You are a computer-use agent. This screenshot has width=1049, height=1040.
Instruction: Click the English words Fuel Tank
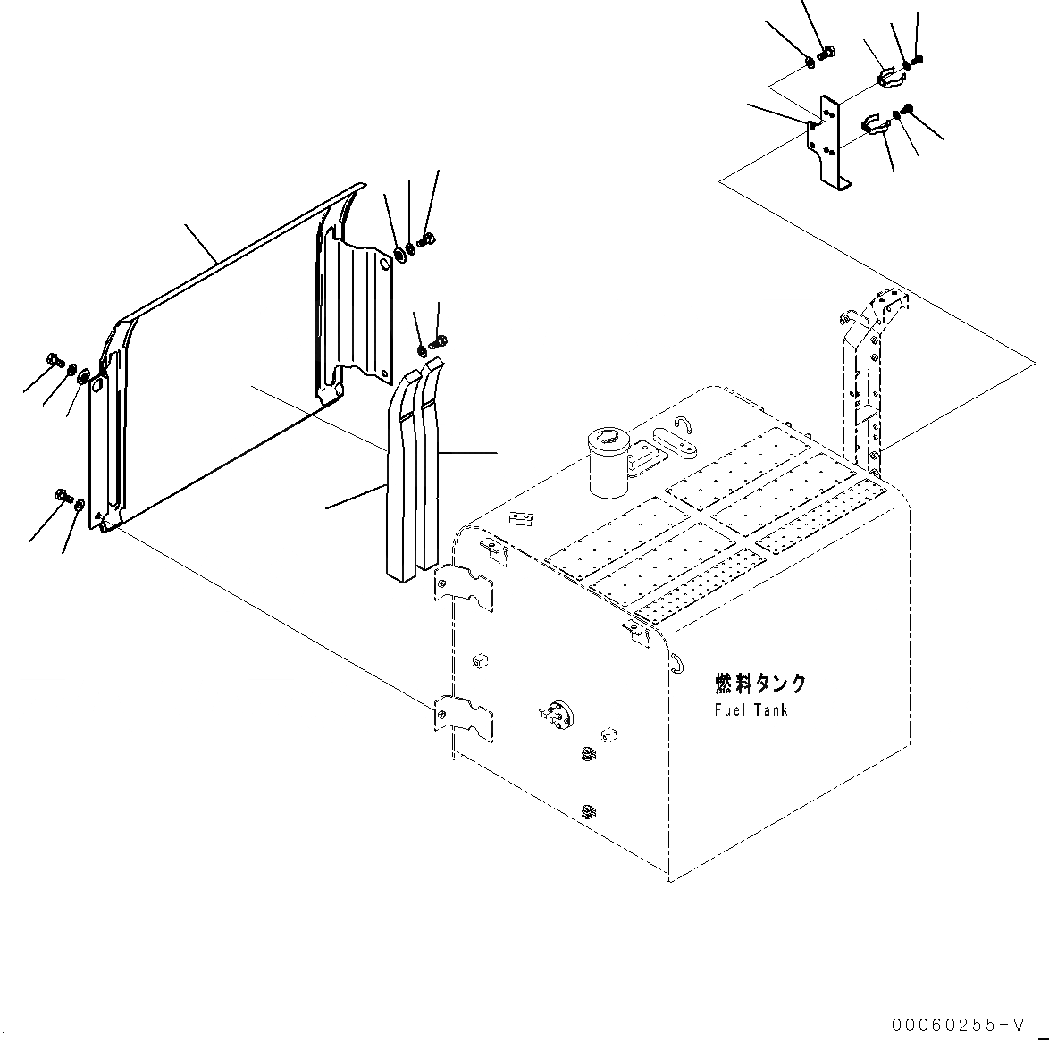pyautogui.click(x=751, y=710)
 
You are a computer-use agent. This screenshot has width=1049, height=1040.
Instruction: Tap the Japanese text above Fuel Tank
pyautogui.click(x=760, y=684)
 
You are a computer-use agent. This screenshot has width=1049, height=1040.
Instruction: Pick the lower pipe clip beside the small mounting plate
pyautogui.click(x=877, y=125)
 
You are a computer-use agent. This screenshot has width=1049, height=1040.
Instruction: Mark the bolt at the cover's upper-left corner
pyautogui.click(x=55, y=361)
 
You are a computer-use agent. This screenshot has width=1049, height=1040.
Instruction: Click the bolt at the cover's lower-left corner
pyautogui.click(x=63, y=493)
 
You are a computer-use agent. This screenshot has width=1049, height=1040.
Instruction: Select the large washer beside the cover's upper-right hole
pyautogui.click(x=399, y=253)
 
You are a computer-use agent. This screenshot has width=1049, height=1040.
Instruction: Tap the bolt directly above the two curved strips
pyautogui.click(x=439, y=340)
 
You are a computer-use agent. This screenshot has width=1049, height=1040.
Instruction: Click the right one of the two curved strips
pyautogui.click(x=428, y=465)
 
